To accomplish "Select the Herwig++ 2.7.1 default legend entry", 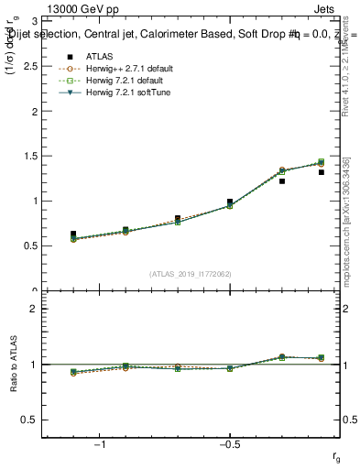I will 125,69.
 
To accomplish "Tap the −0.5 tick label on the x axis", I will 229,444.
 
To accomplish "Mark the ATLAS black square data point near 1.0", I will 230,202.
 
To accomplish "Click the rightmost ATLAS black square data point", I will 322,172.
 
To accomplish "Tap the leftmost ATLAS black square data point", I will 73,234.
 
